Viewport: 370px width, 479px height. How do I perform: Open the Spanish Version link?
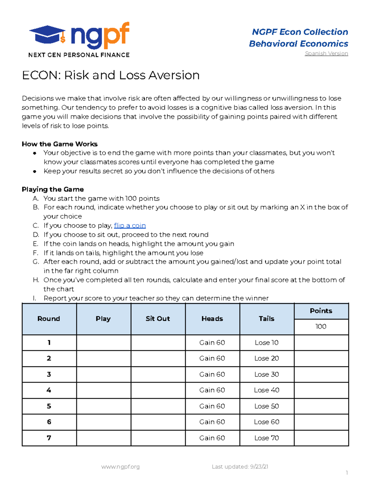(x=326, y=53)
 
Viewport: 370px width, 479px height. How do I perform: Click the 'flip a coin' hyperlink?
(x=129, y=225)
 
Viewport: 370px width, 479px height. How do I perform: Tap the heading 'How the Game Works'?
(x=60, y=144)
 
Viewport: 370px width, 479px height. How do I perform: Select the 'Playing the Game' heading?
(x=53, y=189)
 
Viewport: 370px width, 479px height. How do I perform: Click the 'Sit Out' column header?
(x=158, y=319)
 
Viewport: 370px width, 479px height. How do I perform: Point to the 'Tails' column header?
(x=267, y=319)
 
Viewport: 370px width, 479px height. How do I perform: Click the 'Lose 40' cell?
(x=267, y=390)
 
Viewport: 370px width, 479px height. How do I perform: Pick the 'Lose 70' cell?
(x=267, y=438)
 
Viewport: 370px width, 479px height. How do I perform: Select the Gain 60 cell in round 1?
(x=212, y=343)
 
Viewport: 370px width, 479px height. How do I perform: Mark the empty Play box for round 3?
(x=104, y=374)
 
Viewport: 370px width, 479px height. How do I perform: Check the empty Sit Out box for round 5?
(x=158, y=406)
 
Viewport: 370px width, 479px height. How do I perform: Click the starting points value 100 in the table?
(x=321, y=327)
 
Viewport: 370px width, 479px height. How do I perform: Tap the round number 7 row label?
(x=49, y=438)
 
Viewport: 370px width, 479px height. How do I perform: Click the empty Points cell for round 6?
(x=321, y=422)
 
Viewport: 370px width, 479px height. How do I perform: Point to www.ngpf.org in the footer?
(x=120, y=467)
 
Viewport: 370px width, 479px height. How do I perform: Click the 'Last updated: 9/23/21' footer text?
(x=240, y=467)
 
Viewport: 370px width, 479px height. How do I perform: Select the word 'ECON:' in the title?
(x=41, y=75)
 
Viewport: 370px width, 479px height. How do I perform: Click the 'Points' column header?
(x=321, y=311)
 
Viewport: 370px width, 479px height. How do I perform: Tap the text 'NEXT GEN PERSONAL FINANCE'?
(x=79, y=55)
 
